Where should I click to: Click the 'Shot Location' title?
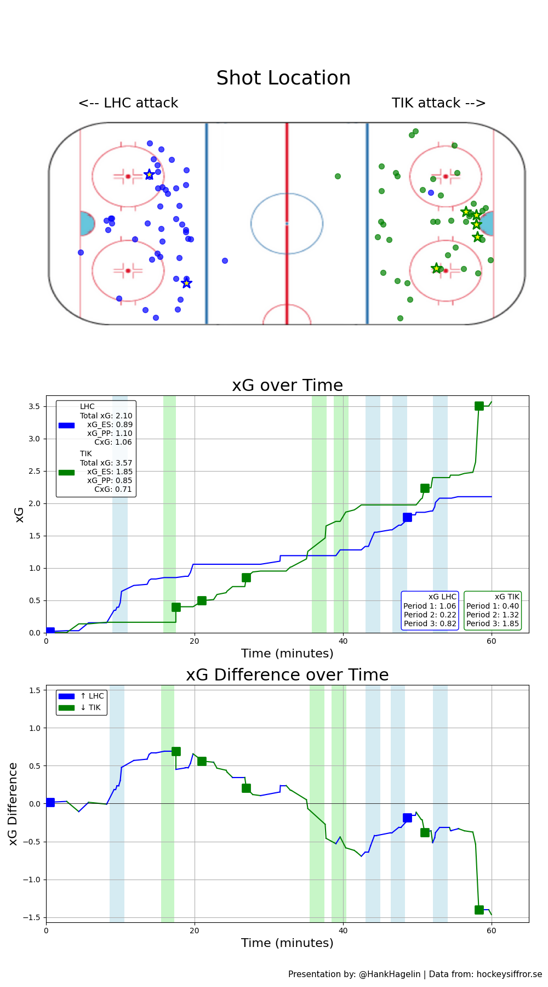(283, 78)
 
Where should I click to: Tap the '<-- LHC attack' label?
(128, 103)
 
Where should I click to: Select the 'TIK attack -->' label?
(438, 103)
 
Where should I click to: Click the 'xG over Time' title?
(287, 385)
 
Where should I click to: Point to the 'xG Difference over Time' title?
(287, 675)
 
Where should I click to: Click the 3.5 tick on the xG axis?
(34, 406)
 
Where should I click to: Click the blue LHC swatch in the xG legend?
(66, 425)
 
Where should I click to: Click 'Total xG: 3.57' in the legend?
(106, 463)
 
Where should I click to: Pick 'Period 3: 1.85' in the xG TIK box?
(492, 623)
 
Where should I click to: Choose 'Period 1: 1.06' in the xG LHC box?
(430, 606)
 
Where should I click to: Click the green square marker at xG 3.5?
(479, 406)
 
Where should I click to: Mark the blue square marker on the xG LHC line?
(407, 517)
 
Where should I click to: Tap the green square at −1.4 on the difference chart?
(479, 910)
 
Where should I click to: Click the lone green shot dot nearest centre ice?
(338, 176)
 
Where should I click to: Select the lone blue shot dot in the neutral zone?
(225, 260)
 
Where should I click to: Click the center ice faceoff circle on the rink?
(287, 223)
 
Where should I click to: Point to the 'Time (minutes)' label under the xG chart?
(287, 654)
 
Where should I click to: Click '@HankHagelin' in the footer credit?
(390, 974)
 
